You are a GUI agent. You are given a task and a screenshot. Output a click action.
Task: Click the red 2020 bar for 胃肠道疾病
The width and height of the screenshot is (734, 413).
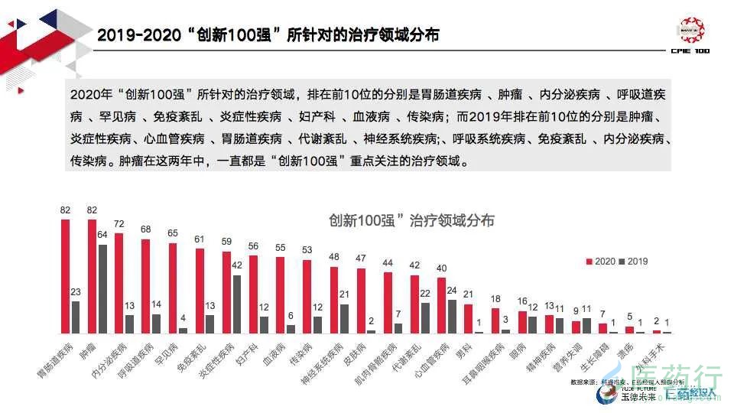[66, 276]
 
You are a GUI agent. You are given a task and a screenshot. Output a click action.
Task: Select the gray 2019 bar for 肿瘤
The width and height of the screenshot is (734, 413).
[102, 288]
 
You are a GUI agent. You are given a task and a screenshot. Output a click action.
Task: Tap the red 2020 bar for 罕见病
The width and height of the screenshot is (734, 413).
[173, 288]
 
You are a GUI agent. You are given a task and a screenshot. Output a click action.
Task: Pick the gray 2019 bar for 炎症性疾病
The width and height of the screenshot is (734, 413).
[237, 304]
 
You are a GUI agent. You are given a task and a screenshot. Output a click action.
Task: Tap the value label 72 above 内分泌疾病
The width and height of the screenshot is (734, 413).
[119, 224]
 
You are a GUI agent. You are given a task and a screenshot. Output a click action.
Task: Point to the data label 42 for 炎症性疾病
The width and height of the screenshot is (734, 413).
[237, 265]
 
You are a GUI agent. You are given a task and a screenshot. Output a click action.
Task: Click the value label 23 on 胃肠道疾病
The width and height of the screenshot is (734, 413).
[76, 291]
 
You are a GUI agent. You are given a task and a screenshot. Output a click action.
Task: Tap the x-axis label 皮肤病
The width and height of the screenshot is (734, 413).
[353, 353]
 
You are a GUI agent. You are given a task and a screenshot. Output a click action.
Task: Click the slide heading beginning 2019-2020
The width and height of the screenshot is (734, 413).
[268, 35]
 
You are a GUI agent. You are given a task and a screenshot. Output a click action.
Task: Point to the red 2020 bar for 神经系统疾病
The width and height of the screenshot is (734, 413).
[334, 299]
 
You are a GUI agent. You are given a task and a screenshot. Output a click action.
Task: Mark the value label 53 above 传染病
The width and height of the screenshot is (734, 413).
[307, 250]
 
